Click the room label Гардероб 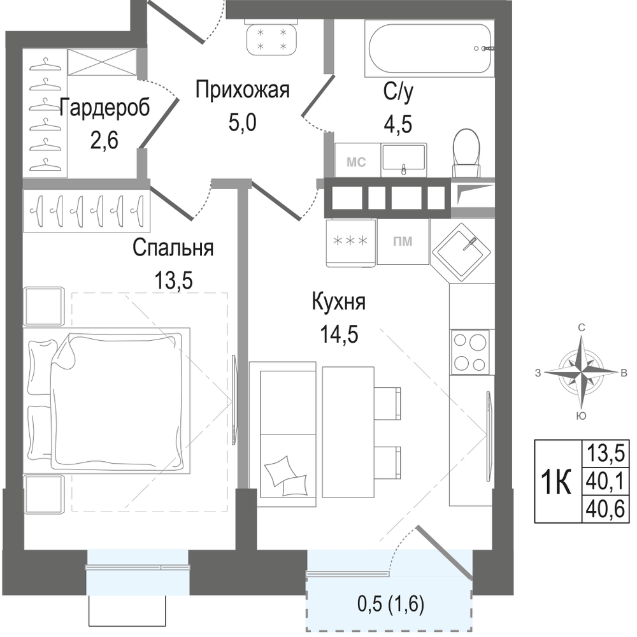click(x=104, y=108)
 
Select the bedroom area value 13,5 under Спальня click(x=173, y=280)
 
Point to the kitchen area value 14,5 click(x=340, y=335)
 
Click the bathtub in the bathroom click(x=429, y=48)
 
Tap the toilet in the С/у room click(x=466, y=153)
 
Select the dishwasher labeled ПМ click(x=403, y=241)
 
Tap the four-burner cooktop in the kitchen click(x=471, y=352)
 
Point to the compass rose click(x=581, y=371)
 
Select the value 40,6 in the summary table click(x=605, y=508)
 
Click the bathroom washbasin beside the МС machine click(x=404, y=160)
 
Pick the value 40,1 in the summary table click(x=605, y=481)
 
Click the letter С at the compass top click(x=582, y=327)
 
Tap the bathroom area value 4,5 click(x=397, y=124)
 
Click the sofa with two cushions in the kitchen click(x=283, y=434)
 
